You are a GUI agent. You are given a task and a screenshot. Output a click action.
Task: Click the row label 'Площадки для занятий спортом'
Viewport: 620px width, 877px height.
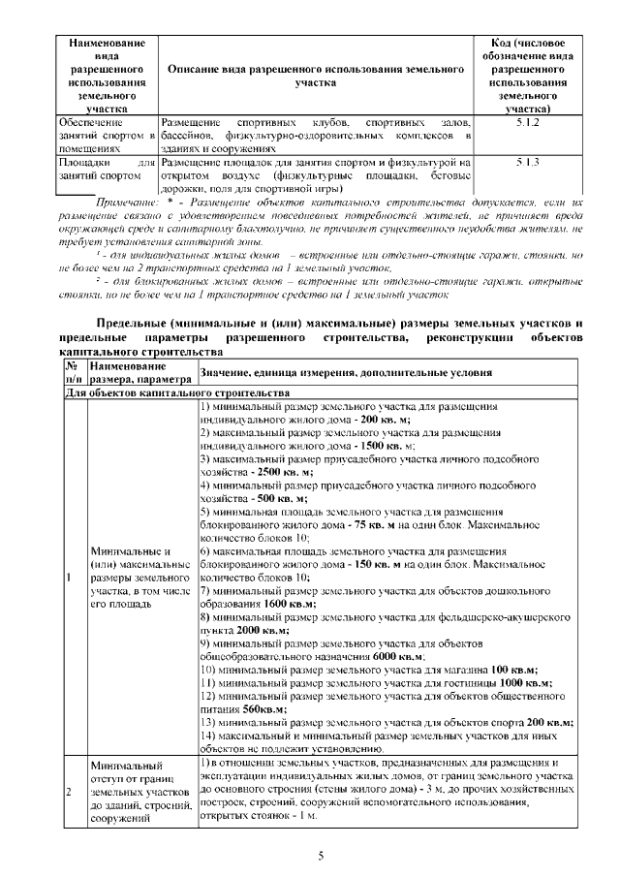tap(107, 171)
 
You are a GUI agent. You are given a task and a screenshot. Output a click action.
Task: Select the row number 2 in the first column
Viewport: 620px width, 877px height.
tap(70, 793)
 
